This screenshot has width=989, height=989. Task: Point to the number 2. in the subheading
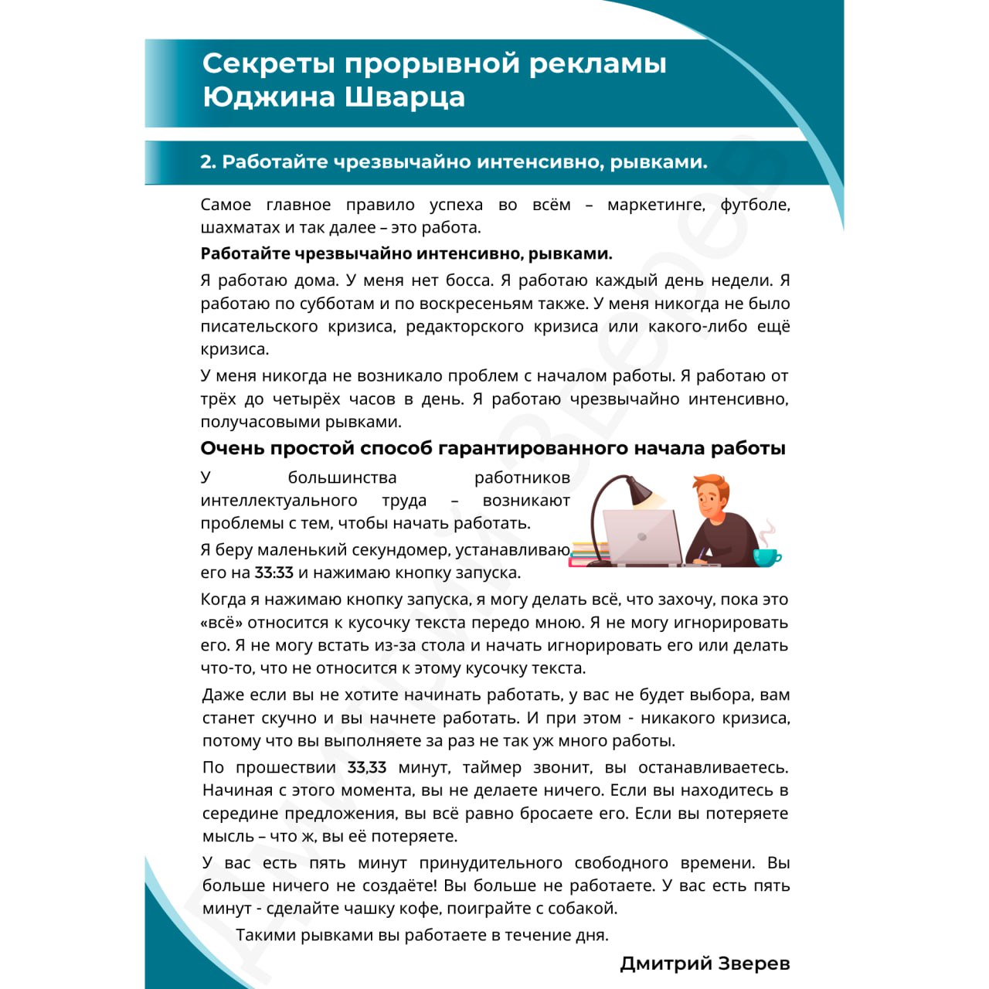(x=207, y=162)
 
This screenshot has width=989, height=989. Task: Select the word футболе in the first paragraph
(x=754, y=205)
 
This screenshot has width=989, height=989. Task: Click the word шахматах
(x=235, y=228)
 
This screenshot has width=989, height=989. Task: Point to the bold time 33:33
(x=274, y=573)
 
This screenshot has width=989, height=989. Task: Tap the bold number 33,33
(x=366, y=767)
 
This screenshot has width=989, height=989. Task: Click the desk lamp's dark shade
(x=640, y=491)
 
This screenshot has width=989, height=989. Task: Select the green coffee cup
(x=766, y=556)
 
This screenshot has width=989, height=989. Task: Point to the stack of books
(x=589, y=554)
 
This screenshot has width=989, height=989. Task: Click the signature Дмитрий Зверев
(x=705, y=963)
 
